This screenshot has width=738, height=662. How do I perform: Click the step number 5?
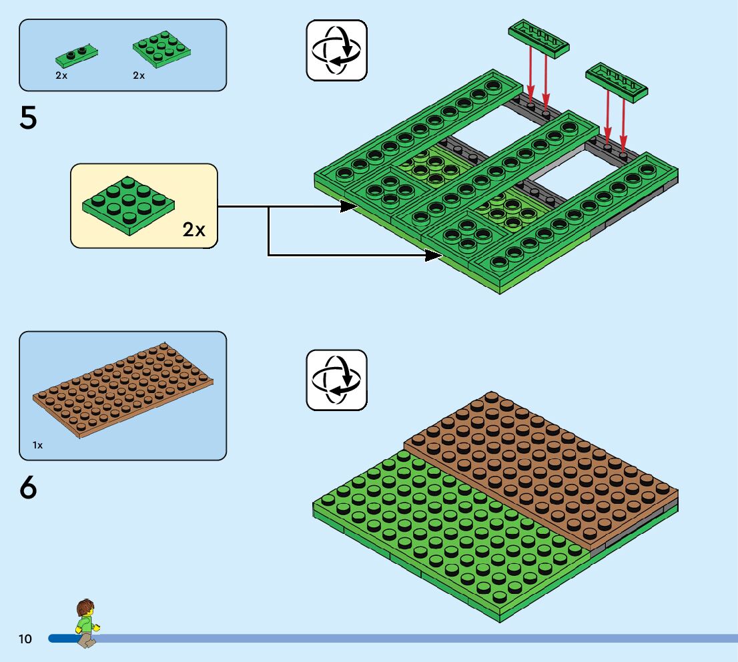(x=29, y=118)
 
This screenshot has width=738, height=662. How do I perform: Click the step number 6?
(x=29, y=489)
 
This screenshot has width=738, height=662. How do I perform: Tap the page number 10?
(x=25, y=639)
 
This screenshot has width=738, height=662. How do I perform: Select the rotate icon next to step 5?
(x=336, y=50)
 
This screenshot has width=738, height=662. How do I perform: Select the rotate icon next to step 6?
(x=336, y=380)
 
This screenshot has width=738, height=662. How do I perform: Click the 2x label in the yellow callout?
(x=194, y=230)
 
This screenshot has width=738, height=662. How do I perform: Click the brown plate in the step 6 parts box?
(x=123, y=390)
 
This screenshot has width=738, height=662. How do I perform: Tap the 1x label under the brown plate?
(x=37, y=444)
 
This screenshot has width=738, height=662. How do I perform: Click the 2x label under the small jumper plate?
(x=61, y=75)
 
